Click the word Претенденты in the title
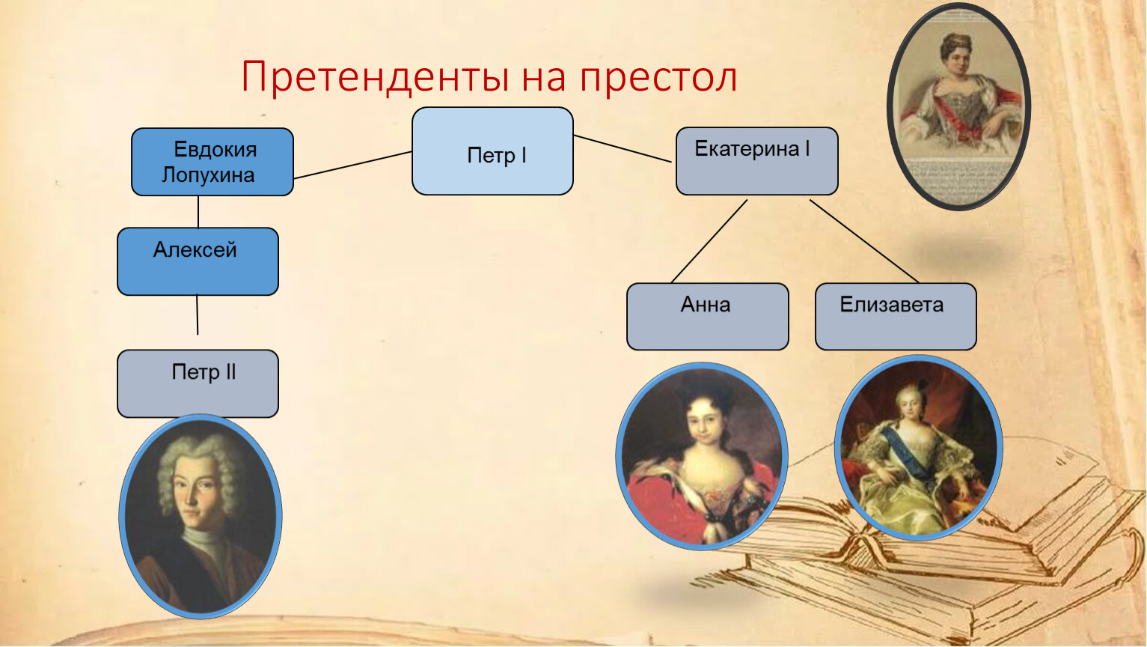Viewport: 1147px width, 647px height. [x=375, y=77]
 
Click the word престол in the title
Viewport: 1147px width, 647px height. [x=659, y=79]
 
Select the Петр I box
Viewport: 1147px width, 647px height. [x=492, y=151]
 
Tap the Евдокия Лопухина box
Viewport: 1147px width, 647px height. [x=212, y=162]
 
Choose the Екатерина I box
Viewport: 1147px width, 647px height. [x=757, y=161]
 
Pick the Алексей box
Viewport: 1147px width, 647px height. [x=198, y=261]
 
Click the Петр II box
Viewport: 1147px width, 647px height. [x=198, y=383]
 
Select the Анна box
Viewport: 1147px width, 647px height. [x=708, y=316]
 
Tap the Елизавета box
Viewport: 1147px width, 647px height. [x=896, y=316]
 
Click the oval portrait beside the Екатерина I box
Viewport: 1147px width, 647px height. [x=958, y=106]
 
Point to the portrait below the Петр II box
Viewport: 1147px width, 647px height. [x=201, y=516]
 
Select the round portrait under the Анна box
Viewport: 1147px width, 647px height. [x=702, y=456]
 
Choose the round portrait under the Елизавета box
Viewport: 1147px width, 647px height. [x=918, y=448]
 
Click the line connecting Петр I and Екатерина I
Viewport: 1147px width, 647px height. [x=623, y=149]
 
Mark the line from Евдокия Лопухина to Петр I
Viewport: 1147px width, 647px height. [x=353, y=165]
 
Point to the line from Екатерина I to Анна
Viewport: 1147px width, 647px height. [x=709, y=241]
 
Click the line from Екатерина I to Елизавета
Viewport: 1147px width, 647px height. [x=864, y=241]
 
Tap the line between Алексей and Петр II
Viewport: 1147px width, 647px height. [x=197, y=315]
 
